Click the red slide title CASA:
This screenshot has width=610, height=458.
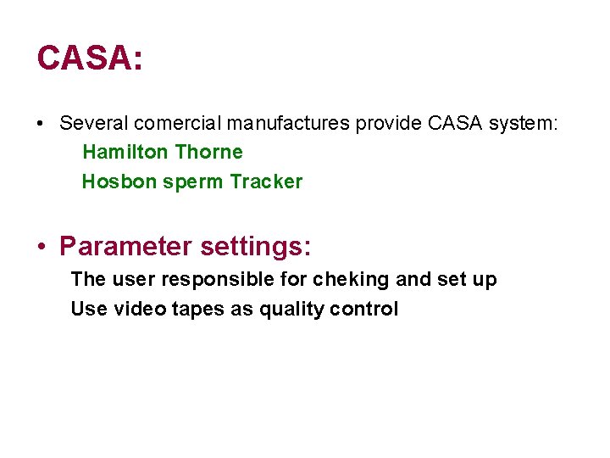pos(90,58)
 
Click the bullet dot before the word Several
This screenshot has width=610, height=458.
pos(41,124)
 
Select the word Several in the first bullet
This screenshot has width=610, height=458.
pos(90,124)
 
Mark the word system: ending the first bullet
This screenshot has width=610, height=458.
pos(525,124)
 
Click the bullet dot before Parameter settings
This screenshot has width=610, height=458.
pos(42,248)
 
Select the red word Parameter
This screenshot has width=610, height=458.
pos(126,248)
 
